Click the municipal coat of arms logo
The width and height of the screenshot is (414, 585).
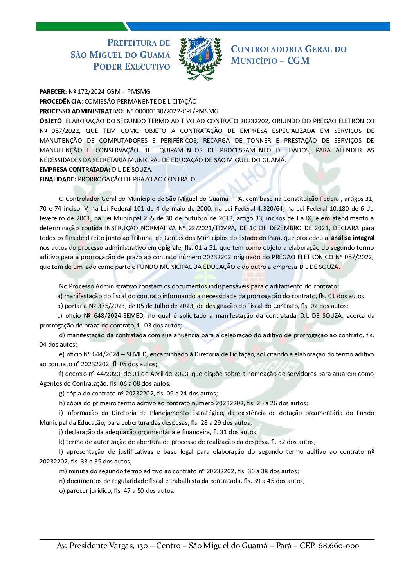click(200, 58)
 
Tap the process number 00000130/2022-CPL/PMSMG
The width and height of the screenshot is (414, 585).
click(172, 111)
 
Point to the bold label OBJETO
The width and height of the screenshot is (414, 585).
click(50, 121)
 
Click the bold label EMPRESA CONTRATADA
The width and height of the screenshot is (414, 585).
click(75, 170)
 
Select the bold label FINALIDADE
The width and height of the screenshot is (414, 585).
click(58, 179)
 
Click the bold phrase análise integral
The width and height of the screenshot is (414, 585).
click(353, 238)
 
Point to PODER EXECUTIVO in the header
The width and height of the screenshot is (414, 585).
click(131, 67)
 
